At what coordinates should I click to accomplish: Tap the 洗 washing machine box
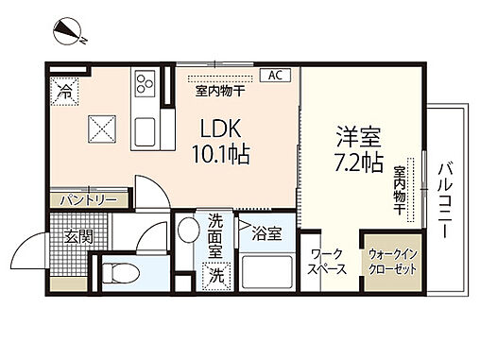[216, 277]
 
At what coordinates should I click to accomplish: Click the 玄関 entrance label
[78, 236]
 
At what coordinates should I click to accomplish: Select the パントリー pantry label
[88, 199]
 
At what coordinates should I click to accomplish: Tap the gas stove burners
[146, 83]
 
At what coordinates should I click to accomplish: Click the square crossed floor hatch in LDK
[101, 124]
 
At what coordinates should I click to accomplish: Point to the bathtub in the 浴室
[266, 274]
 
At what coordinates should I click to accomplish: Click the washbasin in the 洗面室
[188, 231]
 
